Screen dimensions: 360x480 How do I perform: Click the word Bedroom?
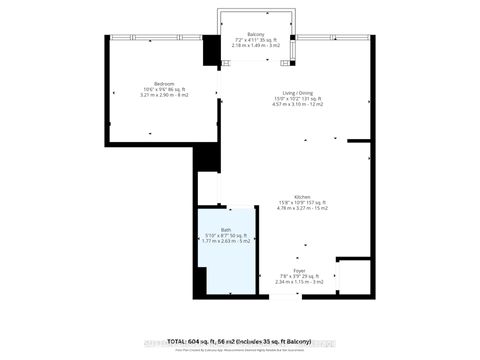(163, 83)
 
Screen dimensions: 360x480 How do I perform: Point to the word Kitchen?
(301, 196)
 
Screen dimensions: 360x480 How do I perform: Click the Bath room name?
(225, 229)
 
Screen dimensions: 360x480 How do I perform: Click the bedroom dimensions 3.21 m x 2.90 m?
(163, 96)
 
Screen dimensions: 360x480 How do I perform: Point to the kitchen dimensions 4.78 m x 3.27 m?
(301, 209)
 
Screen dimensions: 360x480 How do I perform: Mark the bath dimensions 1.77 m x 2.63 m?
(225, 241)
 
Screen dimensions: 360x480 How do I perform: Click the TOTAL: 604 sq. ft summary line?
(239, 341)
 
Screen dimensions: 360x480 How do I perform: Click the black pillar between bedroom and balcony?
(212, 51)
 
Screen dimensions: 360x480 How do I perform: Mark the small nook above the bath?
(207, 189)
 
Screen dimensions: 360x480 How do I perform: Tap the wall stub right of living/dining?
(367, 156)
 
